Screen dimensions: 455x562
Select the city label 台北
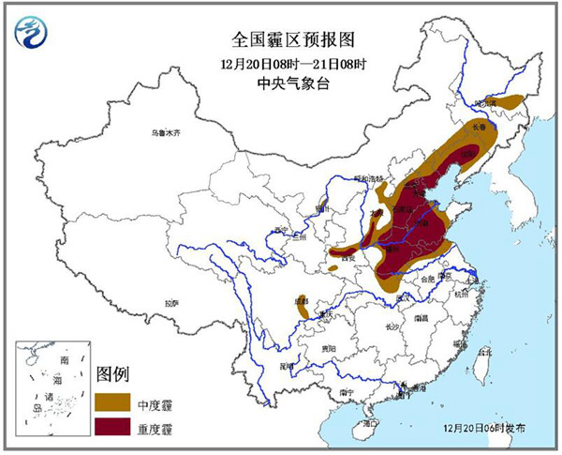[484, 353]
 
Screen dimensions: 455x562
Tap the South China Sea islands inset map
[51, 385]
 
